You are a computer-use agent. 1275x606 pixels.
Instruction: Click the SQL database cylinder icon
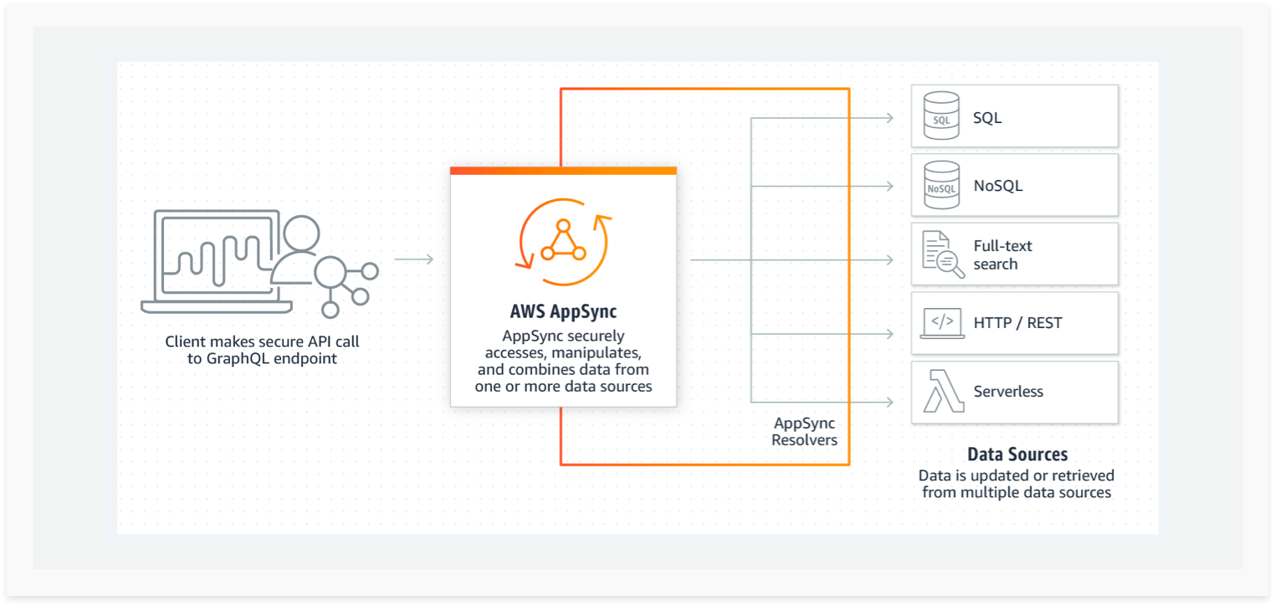click(941, 116)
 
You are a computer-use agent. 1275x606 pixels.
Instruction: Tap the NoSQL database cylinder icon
click(941, 185)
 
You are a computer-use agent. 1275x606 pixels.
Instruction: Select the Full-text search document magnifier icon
click(943, 254)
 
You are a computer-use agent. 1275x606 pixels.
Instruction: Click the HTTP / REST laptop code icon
click(942, 323)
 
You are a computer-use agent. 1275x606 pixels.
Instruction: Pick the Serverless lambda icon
click(943, 391)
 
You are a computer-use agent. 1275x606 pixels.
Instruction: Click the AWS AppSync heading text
click(563, 311)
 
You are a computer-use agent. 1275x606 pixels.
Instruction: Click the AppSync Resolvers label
click(804, 431)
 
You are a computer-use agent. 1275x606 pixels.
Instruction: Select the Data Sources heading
click(1017, 454)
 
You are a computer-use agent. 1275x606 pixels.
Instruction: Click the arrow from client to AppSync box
click(414, 259)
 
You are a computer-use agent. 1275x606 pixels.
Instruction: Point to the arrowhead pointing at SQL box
click(889, 118)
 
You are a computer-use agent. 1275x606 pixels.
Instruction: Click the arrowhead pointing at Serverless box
click(889, 402)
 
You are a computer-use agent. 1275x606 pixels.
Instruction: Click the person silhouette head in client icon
click(300, 233)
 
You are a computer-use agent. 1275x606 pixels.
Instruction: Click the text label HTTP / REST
click(1017, 323)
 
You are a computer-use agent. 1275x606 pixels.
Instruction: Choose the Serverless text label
click(1008, 391)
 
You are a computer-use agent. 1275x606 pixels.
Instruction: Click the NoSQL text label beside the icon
click(998, 186)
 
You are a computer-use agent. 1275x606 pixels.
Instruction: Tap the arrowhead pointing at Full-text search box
click(889, 259)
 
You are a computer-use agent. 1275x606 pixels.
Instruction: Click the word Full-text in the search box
click(1002, 246)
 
